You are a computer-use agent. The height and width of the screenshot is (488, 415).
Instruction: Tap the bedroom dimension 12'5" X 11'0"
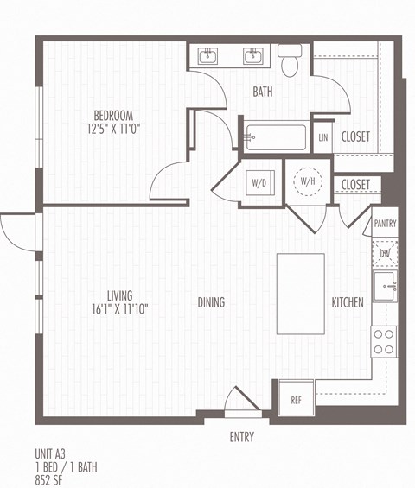coord(113,129)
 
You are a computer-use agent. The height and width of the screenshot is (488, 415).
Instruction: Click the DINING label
coord(211,302)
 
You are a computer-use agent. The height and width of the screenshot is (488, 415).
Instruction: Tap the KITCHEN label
coord(348,302)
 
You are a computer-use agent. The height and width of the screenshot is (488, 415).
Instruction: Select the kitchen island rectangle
coord(300,294)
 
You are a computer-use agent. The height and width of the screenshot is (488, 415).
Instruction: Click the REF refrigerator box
coord(296,399)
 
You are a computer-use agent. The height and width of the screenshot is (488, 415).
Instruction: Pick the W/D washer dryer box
coord(259,183)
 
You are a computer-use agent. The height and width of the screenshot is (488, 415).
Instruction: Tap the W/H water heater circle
coord(307,181)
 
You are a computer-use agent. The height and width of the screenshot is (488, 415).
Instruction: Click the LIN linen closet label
coord(322,137)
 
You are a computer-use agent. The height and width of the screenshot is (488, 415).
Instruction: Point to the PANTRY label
coord(385,224)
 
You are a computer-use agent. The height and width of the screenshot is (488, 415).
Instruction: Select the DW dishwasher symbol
coord(385,252)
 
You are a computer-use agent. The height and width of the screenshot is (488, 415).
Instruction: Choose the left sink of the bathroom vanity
coord(208,57)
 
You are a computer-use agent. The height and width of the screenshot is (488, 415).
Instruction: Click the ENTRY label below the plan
coord(242,437)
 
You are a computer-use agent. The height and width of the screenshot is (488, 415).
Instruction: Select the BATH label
coord(263,92)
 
